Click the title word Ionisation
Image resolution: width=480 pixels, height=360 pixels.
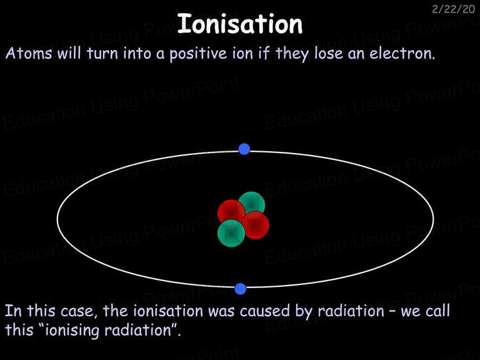point(240,24)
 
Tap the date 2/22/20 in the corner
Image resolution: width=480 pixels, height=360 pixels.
point(453,9)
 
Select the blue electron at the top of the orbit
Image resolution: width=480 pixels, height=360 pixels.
point(244,149)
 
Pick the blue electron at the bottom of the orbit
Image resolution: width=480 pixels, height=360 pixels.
point(240,289)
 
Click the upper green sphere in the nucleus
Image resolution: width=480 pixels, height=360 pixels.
point(252,204)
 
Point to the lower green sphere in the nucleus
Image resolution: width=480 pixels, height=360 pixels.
point(231,233)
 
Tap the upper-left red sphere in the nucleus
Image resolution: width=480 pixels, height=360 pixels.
point(231,212)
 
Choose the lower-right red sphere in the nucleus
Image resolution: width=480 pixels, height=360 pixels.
point(255,225)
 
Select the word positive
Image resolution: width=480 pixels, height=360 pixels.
point(198,54)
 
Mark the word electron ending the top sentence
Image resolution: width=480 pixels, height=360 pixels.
point(402,54)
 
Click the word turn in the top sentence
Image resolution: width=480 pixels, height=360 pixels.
point(102,54)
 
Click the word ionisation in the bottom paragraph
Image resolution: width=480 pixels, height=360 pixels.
point(168,311)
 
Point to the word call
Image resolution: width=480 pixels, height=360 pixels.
point(437,311)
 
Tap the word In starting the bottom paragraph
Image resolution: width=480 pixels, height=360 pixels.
point(13,311)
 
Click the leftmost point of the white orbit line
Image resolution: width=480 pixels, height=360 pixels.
point(57,218)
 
